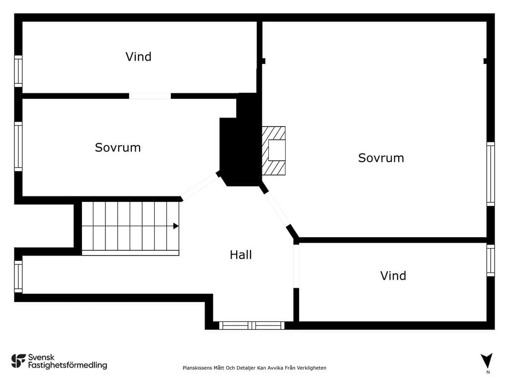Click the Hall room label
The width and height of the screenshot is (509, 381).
pyautogui.click(x=241, y=255)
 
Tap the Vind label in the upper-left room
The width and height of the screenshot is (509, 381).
pyautogui.click(x=138, y=57)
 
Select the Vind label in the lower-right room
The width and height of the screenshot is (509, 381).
pyautogui.click(x=393, y=276)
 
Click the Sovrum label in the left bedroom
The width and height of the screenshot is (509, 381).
pyautogui.click(x=117, y=147)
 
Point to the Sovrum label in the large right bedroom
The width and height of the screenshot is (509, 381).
pyautogui.click(x=381, y=158)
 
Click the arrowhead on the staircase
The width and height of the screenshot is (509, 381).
pyautogui.click(x=175, y=226)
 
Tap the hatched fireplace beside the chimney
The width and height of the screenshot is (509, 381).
pyautogui.click(x=274, y=151)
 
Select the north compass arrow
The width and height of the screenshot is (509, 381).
pyautogui.click(x=487, y=361)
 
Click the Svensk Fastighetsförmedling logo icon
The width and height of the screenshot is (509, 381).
pyautogui.click(x=18, y=361)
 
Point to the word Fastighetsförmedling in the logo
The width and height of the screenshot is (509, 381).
pyautogui.click(x=68, y=366)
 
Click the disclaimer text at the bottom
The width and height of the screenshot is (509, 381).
pyautogui.click(x=254, y=368)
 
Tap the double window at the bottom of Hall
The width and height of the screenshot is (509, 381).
pyautogui.click(x=252, y=325)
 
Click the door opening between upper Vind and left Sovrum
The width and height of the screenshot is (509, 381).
pyautogui.click(x=150, y=96)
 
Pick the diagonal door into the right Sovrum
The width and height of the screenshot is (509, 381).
pyautogui.click(x=277, y=209)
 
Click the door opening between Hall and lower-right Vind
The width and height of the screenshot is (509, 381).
pyautogui.click(x=296, y=266)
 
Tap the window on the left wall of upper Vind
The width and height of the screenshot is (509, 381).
pyautogui.click(x=18, y=71)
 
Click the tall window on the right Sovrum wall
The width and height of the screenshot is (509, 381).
pyautogui.click(x=491, y=174)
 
